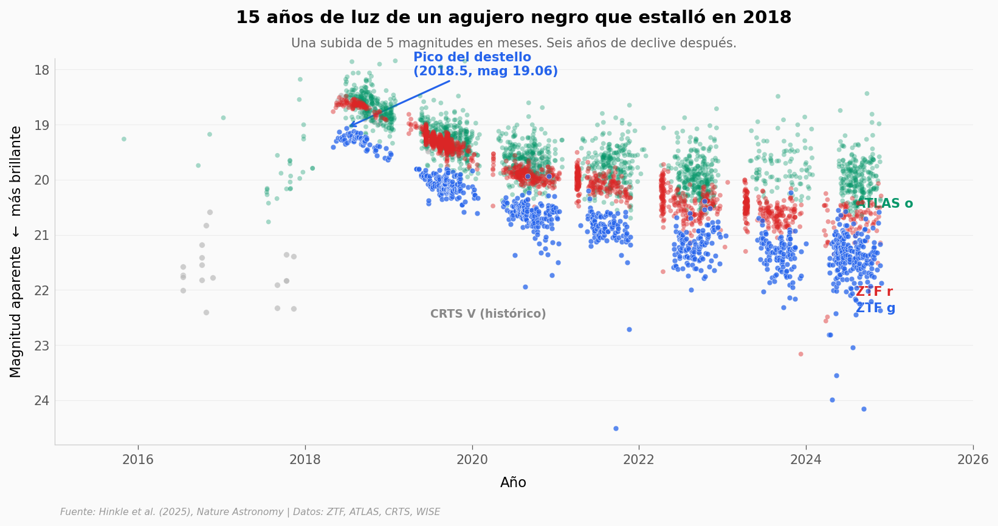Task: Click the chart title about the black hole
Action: click(x=514, y=18)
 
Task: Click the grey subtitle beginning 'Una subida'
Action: click(x=514, y=44)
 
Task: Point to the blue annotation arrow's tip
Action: click(x=349, y=126)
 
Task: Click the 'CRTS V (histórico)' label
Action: click(x=488, y=314)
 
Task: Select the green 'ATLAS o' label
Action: click(x=884, y=204)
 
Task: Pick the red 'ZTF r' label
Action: click(x=874, y=292)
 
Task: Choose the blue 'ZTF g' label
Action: click(x=875, y=308)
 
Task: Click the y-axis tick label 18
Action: click(x=42, y=70)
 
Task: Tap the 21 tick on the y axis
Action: click(x=42, y=235)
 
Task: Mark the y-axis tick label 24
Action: click(x=42, y=400)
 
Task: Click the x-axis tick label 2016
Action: click(x=138, y=460)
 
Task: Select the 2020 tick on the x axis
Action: click(x=472, y=460)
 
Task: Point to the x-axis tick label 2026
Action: click(x=972, y=460)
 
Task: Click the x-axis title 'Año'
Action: click(x=514, y=483)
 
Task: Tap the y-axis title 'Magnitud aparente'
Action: click(x=16, y=251)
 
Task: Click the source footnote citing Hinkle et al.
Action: click(x=250, y=512)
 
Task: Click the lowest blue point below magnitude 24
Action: click(x=616, y=428)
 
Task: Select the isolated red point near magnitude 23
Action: click(x=800, y=354)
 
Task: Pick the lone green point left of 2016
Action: click(x=124, y=139)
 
